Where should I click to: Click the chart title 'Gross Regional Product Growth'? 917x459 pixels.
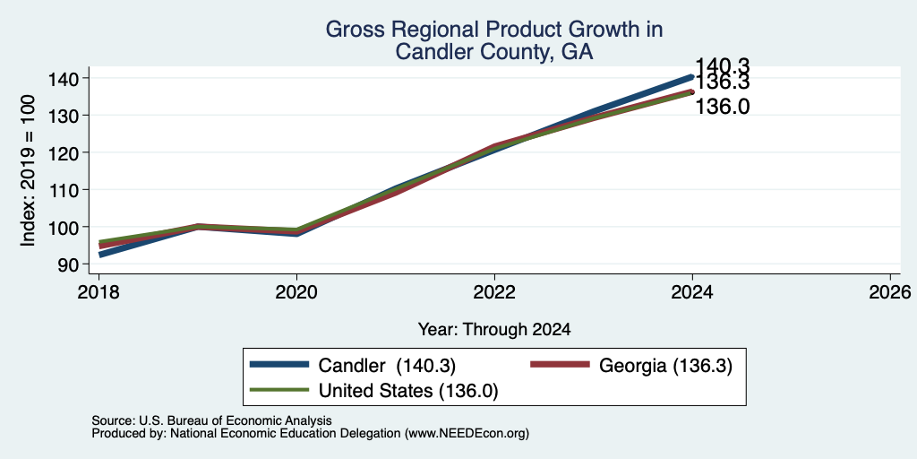pyautogui.click(x=493, y=29)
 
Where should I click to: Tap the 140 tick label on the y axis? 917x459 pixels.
pyautogui.click(x=62, y=79)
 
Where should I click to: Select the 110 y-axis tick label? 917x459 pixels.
pyautogui.click(x=62, y=190)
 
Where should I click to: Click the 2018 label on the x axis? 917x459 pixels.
pyautogui.click(x=99, y=291)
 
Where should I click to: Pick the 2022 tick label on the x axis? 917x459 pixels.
pyautogui.click(x=494, y=291)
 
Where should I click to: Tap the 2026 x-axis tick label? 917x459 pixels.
pyautogui.click(x=890, y=291)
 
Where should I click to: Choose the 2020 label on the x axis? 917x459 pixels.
pyautogui.click(x=296, y=291)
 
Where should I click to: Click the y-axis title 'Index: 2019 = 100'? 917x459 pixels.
pyautogui.click(x=28, y=171)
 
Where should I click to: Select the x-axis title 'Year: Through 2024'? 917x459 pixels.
pyautogui.click(x=494, y=330)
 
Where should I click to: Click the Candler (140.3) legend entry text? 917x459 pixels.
pyautogui.click(x=387, y=366)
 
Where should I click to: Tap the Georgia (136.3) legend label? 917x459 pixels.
pyautogui.click(x=665, y=366)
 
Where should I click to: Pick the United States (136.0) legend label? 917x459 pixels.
pyautogui.click(x=408, y=390)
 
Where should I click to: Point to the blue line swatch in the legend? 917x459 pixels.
pyautogui.click(x=279, y=365)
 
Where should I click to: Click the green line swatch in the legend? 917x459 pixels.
pyautogui.click(x=279, y=389)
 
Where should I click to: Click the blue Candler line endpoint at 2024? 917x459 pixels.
pyautogui.click(x=692, y=77)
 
